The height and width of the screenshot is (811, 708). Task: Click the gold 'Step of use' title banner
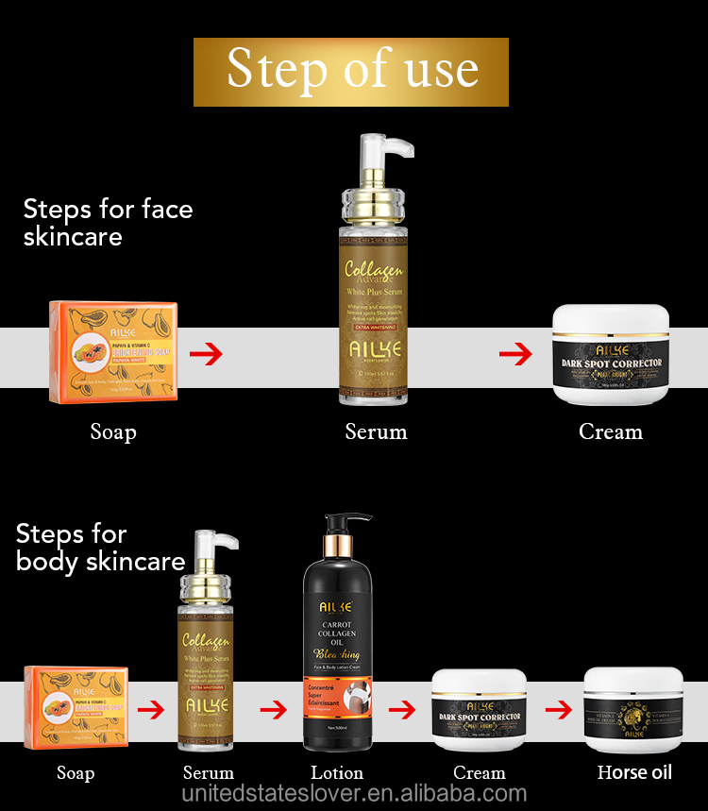pos(351,72)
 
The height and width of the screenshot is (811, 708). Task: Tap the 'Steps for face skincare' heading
pos(108,222)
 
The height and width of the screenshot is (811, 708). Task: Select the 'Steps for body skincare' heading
pos(100,548)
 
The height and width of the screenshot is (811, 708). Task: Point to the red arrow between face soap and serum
pos(206,355)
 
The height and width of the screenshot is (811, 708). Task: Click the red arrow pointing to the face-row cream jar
pos(515,355)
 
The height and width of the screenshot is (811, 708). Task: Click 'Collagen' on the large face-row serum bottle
pos(374,270)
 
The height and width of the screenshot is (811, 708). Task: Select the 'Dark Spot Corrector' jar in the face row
pos(611,355)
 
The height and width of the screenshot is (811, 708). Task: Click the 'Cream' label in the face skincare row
pos(611,432)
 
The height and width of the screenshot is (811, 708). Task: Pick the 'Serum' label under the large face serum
pos(376,432)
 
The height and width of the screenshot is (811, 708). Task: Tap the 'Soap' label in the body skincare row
pos(76,773)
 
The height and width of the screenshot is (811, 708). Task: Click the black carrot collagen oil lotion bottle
pos(335,661)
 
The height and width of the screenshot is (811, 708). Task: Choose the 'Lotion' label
pos(337,773)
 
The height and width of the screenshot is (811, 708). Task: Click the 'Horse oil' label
pos(634,772)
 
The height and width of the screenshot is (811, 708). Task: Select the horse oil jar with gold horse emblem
pos(633,709)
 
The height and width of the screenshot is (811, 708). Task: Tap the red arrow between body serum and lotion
pos(274,709)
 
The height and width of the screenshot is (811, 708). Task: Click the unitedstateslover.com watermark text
pos(354,794)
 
